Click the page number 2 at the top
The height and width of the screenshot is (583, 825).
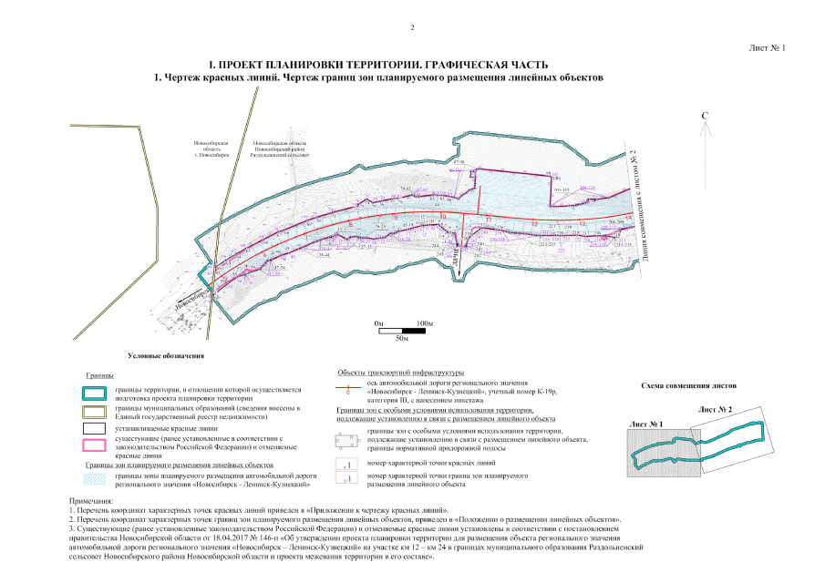click(x=412, y=27)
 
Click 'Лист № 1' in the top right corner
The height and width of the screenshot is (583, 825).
click(x=766, y=46)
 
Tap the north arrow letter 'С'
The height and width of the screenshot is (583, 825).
click(x=705, y=116)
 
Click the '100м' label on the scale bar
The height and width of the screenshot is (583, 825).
click(x=424, y=323)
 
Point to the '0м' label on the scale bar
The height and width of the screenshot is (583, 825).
click(x=378, y=323)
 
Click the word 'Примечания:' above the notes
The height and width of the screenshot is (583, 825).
click(x=90, y=502)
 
